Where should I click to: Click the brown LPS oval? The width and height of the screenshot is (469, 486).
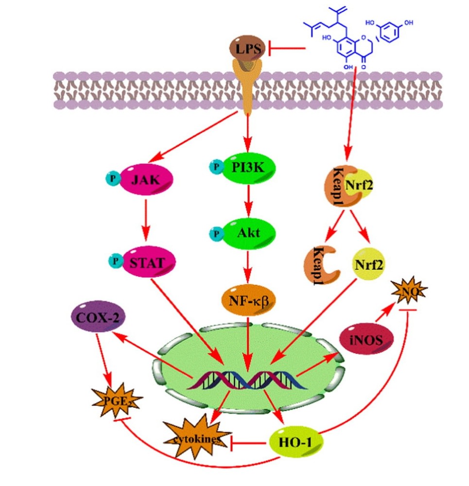[247, 49]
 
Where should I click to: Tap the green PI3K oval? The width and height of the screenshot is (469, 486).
[248, 167]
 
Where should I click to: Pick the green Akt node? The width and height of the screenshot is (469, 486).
[249, 233]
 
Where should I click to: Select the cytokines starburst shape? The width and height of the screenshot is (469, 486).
[197, 438]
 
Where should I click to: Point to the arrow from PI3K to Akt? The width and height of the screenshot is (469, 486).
[248, 200]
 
